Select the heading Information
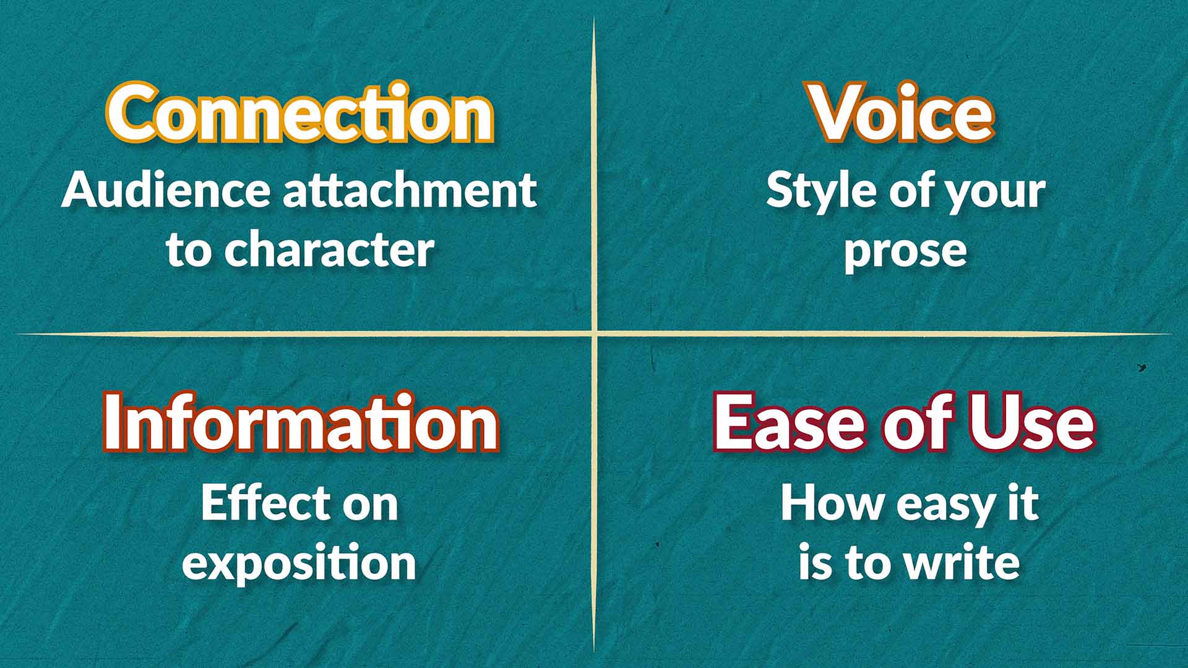coord(301,424)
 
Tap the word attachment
coord(410,191)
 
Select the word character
coord(329,250)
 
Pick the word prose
coord(905,251)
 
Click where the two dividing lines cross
coord(594,335)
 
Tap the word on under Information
coord(370,505)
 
